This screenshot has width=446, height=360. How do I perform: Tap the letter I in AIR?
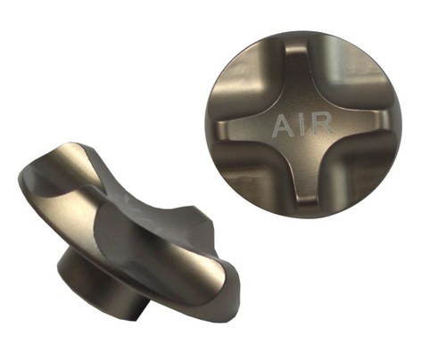pos(301,125)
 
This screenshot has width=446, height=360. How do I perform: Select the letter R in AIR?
pos(322,124)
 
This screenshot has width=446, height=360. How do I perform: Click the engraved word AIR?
pos(302,125)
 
